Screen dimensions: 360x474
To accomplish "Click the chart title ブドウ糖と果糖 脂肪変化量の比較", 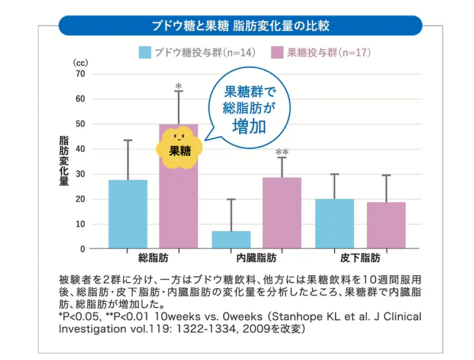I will coord(241,26).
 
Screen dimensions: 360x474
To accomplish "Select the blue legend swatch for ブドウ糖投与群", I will coord(145,52).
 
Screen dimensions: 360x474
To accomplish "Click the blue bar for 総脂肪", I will coord(128,214).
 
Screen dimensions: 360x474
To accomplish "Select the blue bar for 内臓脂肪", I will coord(231,240).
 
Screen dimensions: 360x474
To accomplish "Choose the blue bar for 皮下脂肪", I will coord(335,224).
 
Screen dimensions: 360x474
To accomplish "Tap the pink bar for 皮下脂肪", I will coord(386,225).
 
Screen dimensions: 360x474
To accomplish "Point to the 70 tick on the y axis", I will coord(81,74).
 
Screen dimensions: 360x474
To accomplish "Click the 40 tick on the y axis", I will coord(81,149).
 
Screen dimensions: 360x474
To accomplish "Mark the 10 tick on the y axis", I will coord(81,224).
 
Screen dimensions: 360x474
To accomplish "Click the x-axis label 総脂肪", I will coord(152,259).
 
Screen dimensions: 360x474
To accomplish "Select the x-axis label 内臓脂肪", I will coord(257,259).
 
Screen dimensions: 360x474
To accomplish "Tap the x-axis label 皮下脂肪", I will coord(360,259).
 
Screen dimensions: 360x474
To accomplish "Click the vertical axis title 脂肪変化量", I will coord(64,161).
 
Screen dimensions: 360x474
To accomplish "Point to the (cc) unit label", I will coord(79,62).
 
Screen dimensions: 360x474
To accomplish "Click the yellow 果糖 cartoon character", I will coord(180,149).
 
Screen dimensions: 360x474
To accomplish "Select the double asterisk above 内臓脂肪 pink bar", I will coord(282,152).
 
